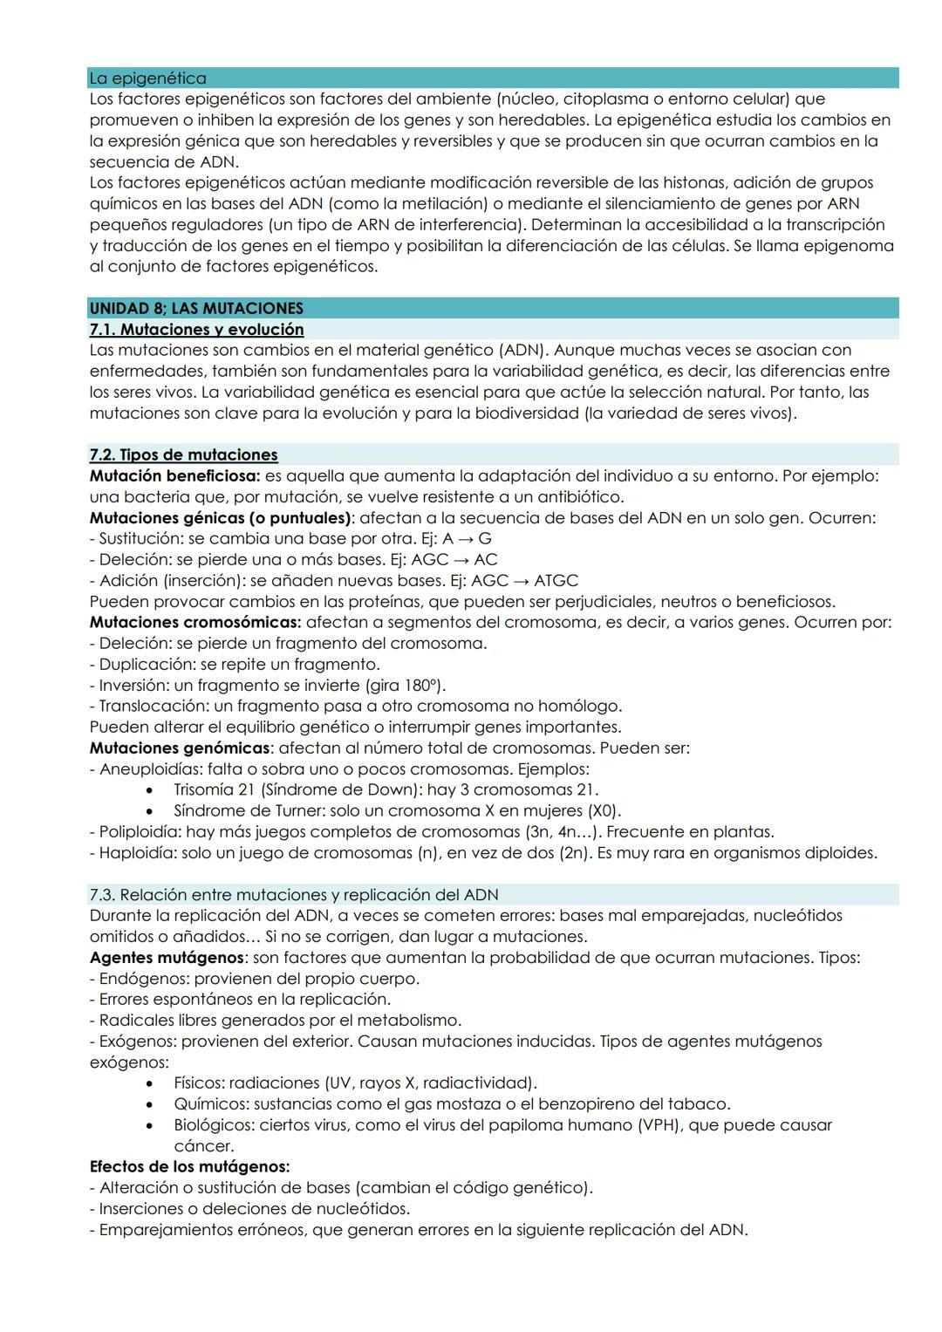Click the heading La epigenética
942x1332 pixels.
(147, 79)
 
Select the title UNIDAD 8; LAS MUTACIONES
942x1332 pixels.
(196, 309)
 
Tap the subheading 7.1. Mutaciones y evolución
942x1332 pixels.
(196, 330)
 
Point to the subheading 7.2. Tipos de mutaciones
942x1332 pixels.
(183, 455)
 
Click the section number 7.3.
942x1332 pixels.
(102, 895)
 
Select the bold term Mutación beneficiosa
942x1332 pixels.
(174, 476)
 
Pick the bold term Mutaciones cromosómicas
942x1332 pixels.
(195, 623)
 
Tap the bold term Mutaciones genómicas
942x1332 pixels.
(180, 748)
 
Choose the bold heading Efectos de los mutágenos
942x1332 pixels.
(189, 1167)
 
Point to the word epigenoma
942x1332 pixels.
(850, 246)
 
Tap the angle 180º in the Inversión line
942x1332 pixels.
(420, 686)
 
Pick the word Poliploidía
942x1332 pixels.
(140, 832)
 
